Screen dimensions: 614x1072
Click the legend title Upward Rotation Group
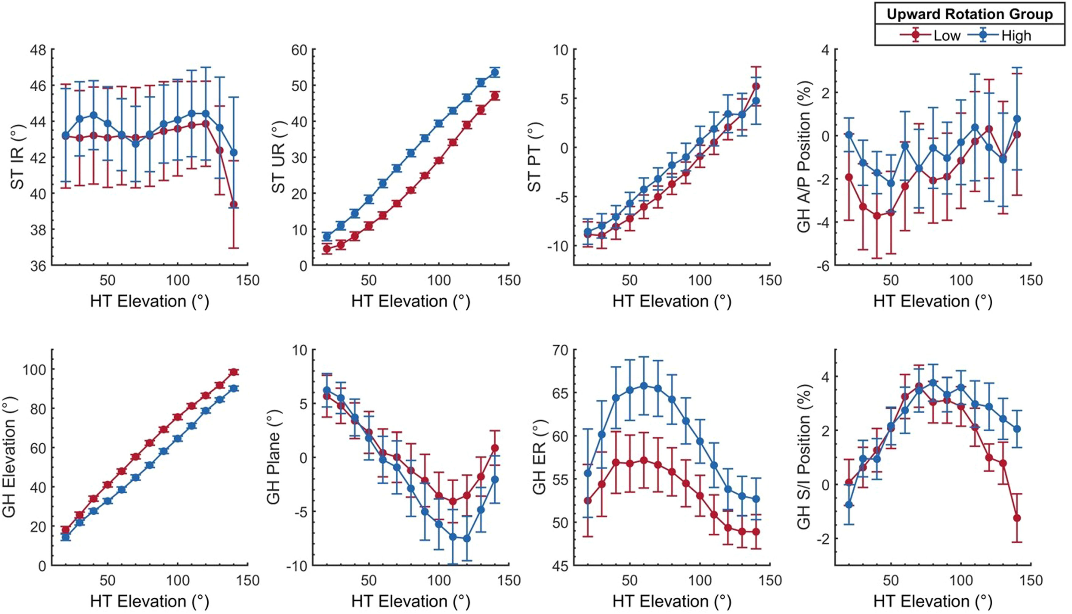(970, 14)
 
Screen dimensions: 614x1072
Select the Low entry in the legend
(946, 36)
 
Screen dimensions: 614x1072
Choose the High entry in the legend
(1016, 36)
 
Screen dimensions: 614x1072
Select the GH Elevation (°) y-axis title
(9, 457)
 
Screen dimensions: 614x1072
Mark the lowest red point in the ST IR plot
(233, 205)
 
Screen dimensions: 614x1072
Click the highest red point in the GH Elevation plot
(233, 372)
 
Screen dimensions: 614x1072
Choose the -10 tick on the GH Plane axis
(297, 566)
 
